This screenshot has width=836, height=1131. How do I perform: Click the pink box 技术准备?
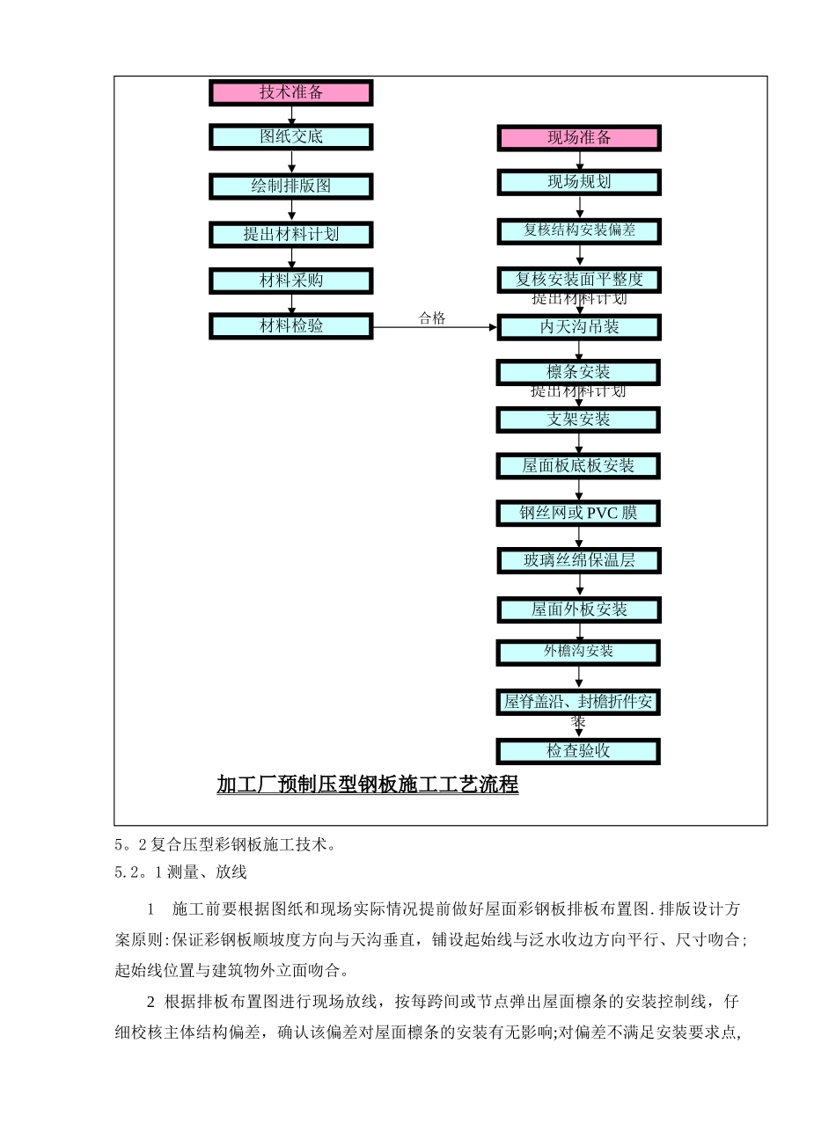(x=290, y=92)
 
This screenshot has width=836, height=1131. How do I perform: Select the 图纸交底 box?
(x=290, y=136)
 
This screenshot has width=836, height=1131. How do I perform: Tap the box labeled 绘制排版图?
(x=290, y=186)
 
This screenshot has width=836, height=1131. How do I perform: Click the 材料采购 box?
(x=290, y=281)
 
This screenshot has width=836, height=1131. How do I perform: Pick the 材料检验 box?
(x=290, y=325)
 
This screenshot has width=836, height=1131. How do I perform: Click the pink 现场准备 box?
(x=578, y=137)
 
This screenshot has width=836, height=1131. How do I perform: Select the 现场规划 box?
(x=578, y=182)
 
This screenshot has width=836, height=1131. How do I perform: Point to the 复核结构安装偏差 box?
(x=578, y=230)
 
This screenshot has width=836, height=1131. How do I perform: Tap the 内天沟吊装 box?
(x=578, y=327)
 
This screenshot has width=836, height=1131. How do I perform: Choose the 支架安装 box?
(x=578, y=420)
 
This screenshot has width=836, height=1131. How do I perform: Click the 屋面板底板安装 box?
(x=578, y=465)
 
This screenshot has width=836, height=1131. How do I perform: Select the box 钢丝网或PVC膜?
(x=578, y=512)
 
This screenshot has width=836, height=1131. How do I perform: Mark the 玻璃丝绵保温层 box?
(x=578, y=560)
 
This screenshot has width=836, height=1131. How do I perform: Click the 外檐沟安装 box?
(x=578, y=652)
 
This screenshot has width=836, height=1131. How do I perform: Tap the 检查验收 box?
(x=578, y=751)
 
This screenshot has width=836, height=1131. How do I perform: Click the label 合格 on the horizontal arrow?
(x=432, y=318)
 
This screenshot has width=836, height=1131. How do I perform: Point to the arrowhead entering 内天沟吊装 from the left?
(x=493, y=327)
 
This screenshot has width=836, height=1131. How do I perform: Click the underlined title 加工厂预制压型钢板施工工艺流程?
(x=367, y=784)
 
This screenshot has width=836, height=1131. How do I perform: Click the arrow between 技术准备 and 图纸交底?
(x=291, y=115)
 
